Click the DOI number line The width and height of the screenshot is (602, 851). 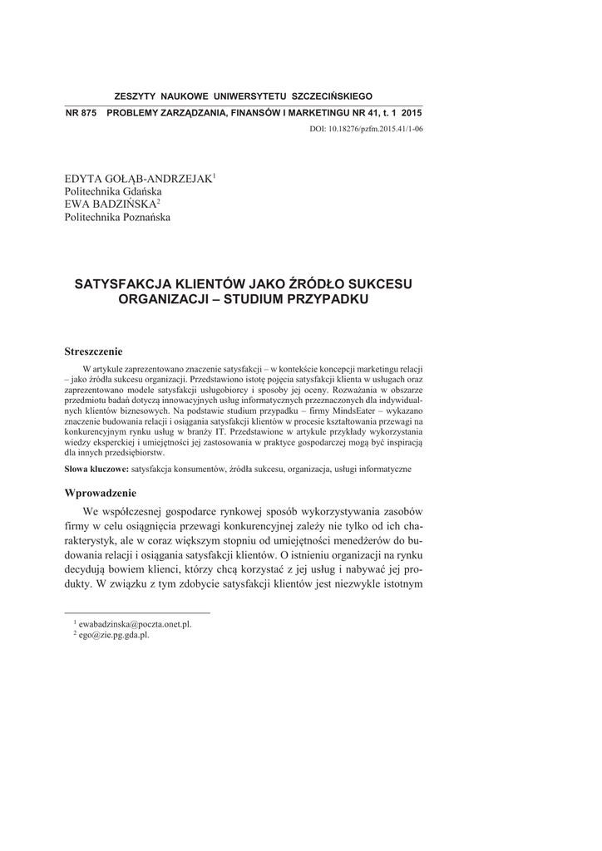click(x=366, y=129)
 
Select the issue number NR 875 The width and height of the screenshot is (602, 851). click(x=81, y=112)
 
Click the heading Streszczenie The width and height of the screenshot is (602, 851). click(x=93, y=352)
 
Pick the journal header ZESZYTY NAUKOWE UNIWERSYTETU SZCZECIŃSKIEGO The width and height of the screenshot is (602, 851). click(x=243, y=96)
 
